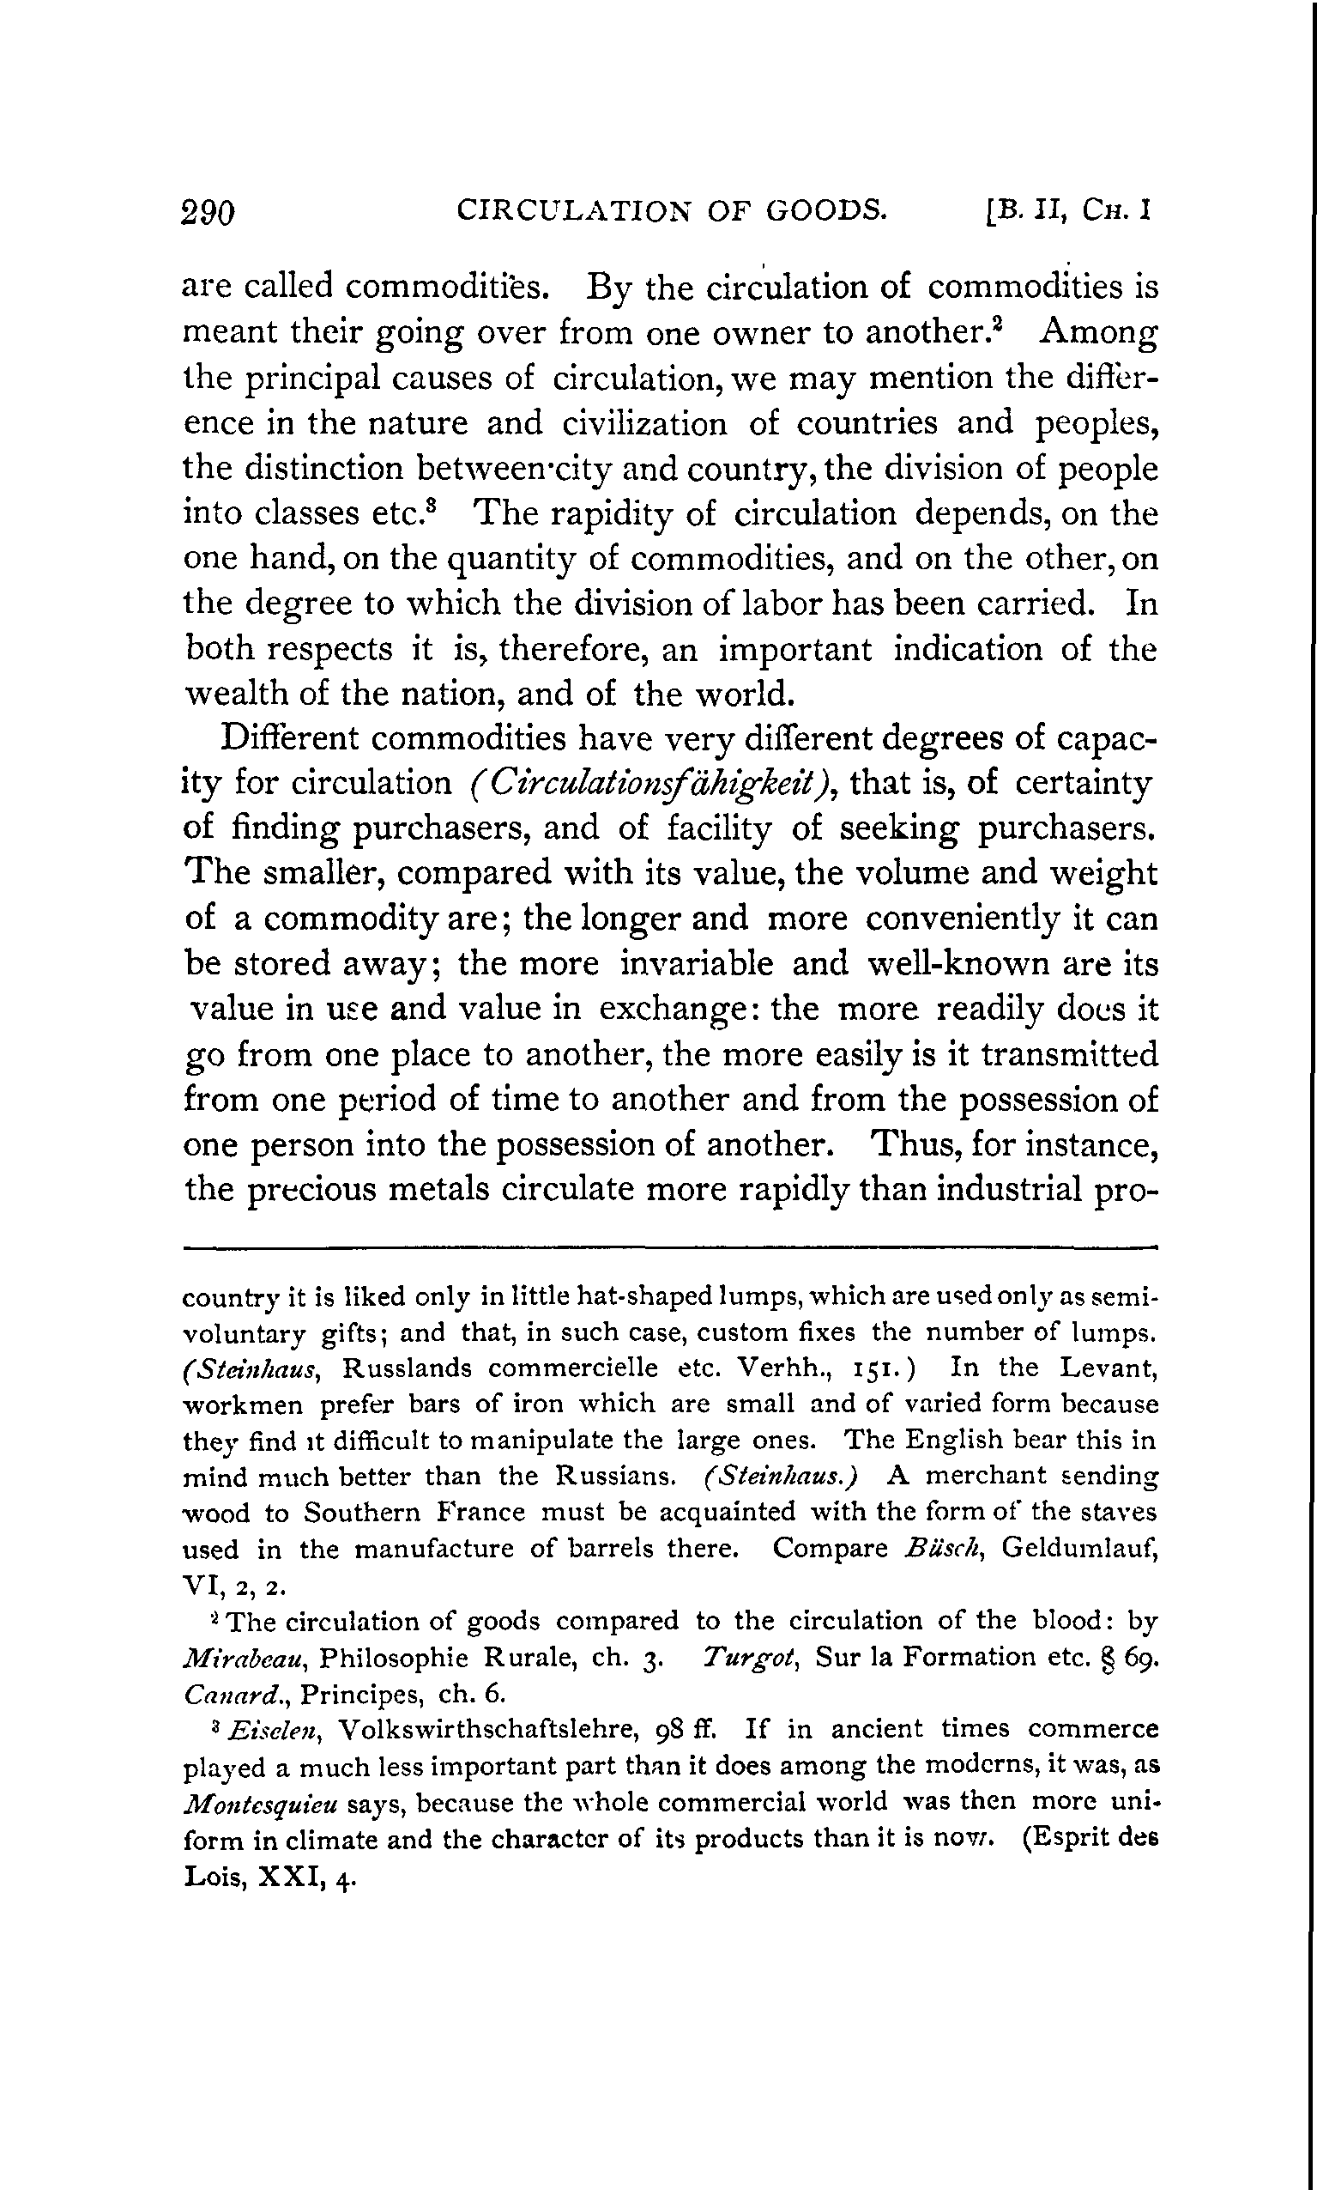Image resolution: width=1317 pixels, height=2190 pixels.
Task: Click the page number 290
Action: pos(208,214)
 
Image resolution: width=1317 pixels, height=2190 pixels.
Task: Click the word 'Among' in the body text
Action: pos(1099,332)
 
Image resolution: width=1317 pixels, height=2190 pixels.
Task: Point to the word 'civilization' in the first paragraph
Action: pos(644,422)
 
